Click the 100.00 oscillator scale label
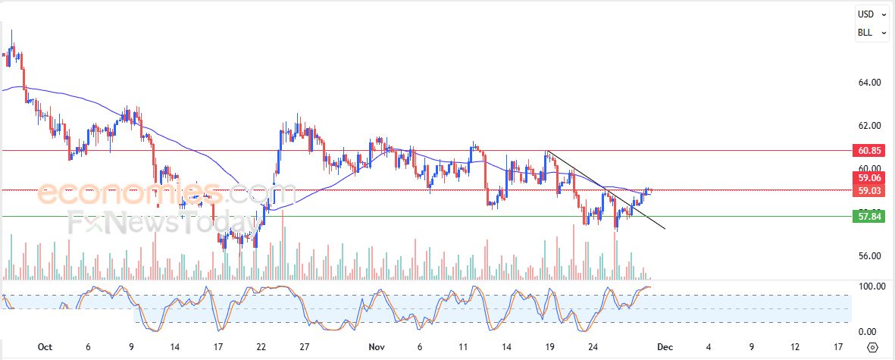(871, 286)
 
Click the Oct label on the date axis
(45, 347)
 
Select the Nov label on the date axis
(376, 347)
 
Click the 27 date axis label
(304, 347)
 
